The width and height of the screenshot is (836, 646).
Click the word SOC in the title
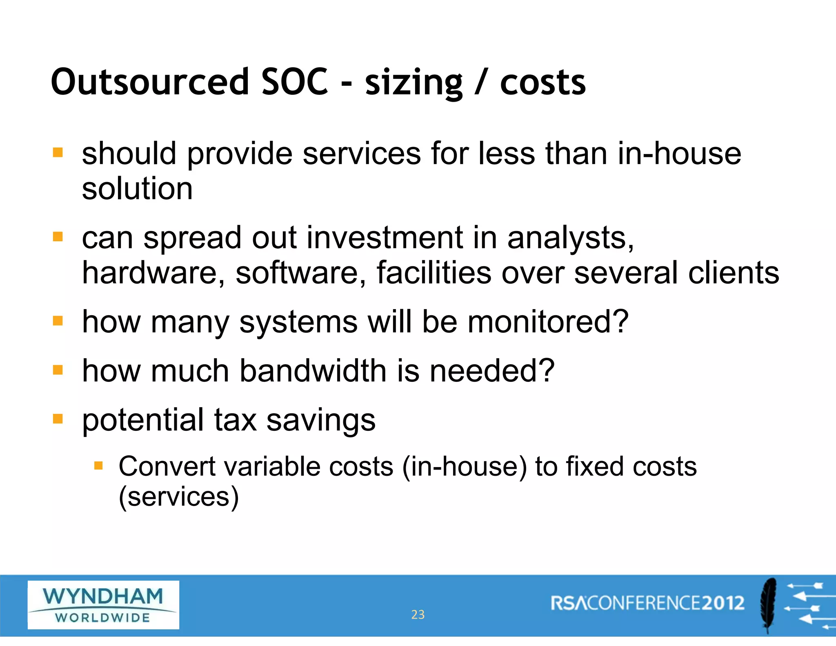[294, 82]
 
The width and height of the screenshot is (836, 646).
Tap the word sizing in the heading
[414, 84]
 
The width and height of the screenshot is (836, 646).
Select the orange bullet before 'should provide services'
[58, 153]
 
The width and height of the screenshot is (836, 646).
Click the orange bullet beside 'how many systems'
[58, 321]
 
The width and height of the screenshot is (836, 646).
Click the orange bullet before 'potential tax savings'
[58, 419]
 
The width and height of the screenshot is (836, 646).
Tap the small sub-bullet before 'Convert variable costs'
[98, 466]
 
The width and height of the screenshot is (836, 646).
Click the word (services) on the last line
[178, 497]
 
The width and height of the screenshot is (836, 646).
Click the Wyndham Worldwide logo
[103, 605]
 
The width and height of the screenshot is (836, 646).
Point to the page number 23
[418, 615]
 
